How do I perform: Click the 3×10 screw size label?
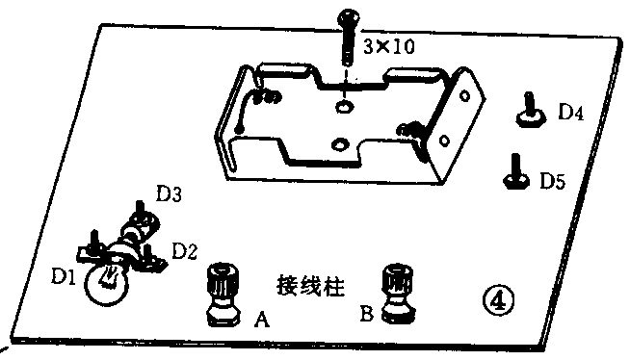coord(389,46)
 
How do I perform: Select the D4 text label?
coord(571,113)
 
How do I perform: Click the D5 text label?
coord(553,179)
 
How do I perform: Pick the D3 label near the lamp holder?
coord(171,195)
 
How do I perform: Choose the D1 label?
coord(64,279)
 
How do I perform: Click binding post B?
coord(397,291)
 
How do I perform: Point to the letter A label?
coord(260,319)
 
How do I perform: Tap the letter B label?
coord(366,313)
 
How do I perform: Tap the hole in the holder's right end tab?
coord(467,96)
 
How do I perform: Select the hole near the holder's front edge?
coord(338,144)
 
